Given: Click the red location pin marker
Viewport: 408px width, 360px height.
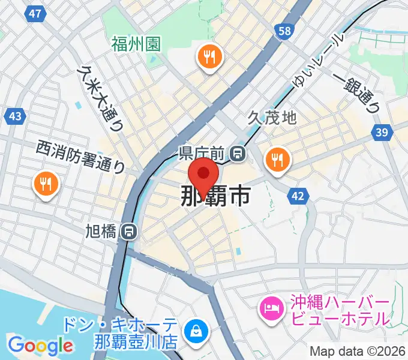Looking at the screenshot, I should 203,175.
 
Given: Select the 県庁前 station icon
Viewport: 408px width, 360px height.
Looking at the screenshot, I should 238,154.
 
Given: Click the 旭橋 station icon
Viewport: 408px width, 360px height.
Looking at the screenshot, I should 128,230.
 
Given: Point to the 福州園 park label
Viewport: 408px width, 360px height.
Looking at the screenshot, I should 136,44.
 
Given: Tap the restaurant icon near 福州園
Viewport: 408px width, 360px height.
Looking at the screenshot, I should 209,58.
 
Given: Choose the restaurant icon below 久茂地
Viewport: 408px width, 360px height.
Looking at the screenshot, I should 277,160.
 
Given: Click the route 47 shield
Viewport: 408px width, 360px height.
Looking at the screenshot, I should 37,13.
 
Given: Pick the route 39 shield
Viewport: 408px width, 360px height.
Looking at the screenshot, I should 382,132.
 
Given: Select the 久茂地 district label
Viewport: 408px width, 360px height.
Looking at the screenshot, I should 272,118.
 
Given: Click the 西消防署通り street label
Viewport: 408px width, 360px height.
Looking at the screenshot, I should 80,156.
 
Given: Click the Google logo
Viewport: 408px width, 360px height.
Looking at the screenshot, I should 40,345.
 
